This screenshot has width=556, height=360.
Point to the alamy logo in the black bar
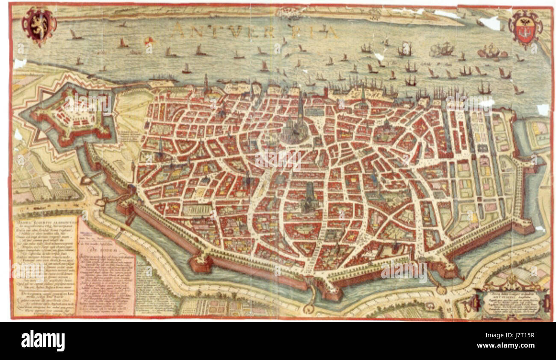pyautogui.click(x=43, y=340)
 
